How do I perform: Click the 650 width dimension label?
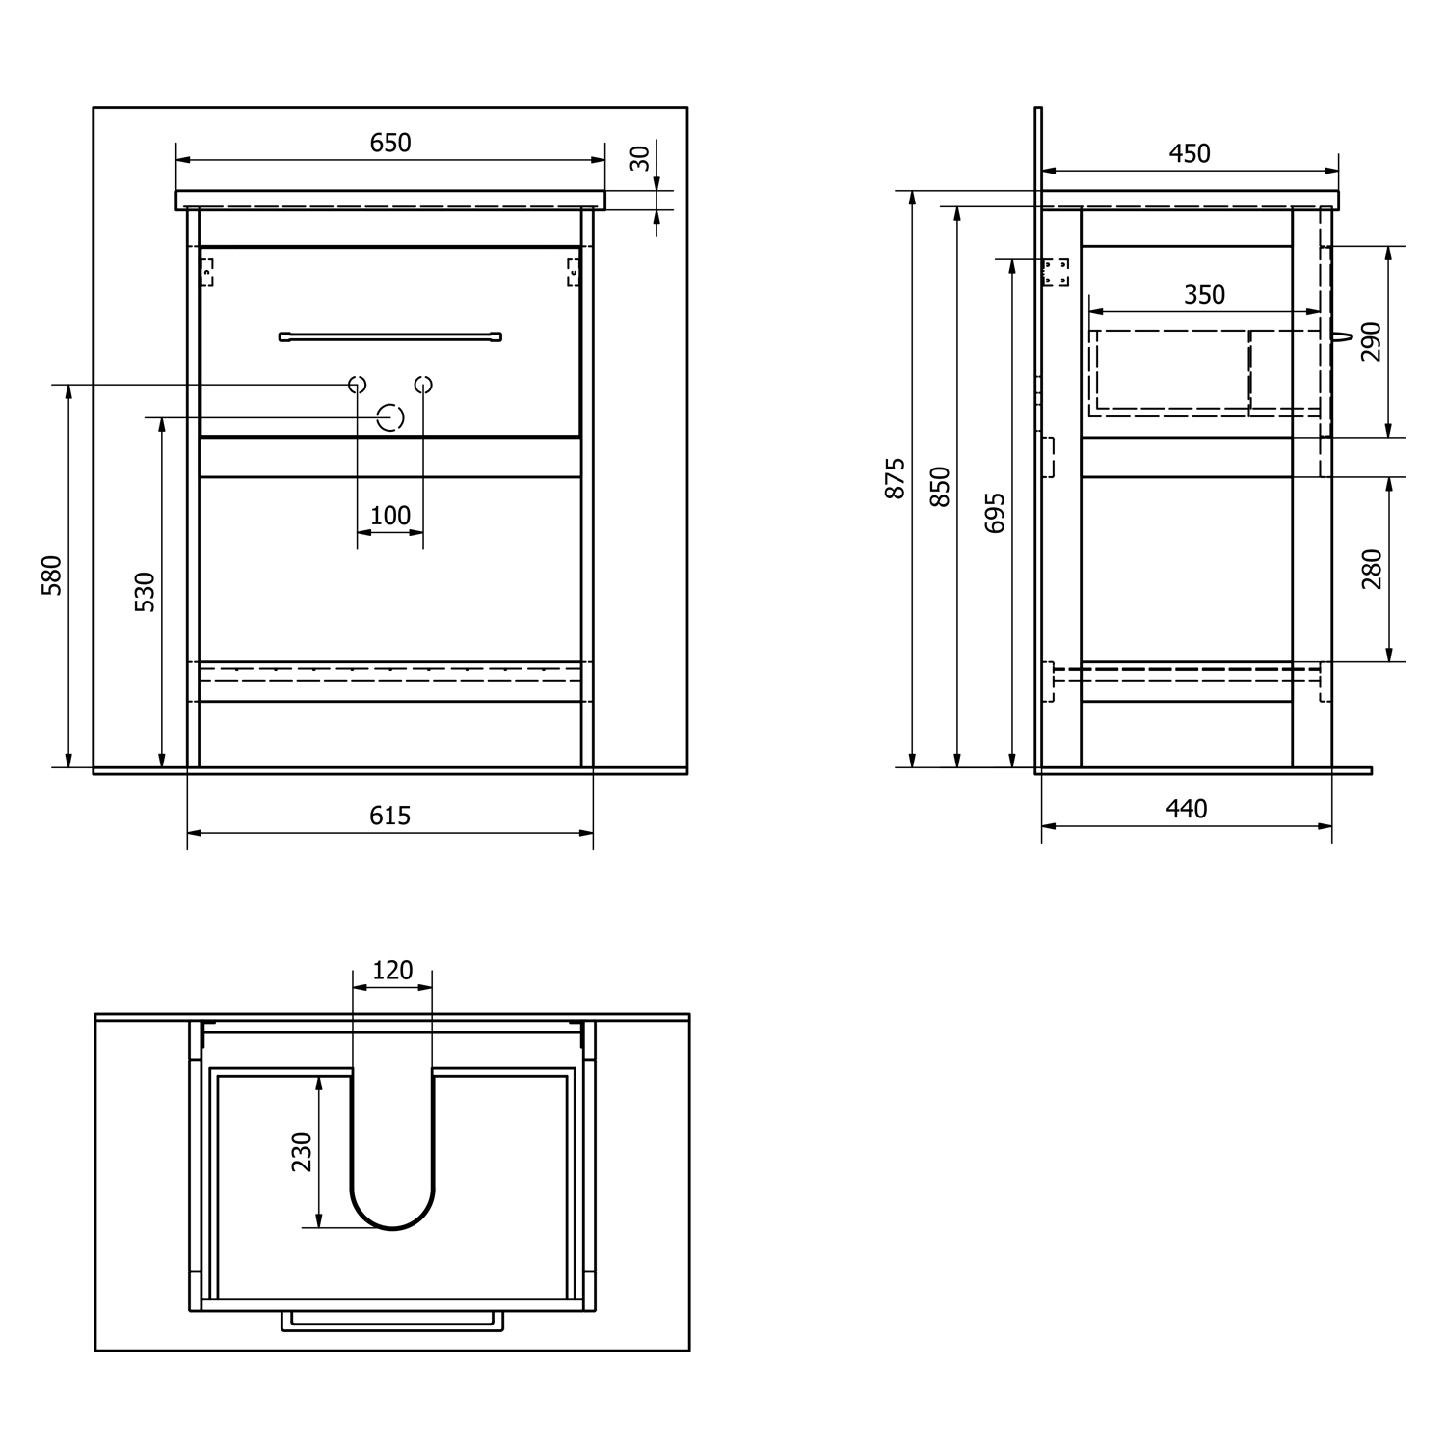click(x=390, y=143)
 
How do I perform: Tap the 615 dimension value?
click(x=390, y=816)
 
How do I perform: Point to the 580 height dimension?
click(x=52, y=576)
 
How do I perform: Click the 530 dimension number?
click(x=145, y=592)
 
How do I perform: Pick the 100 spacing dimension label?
click(x=390, y=516)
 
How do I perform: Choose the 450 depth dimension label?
click(x=1190, y=153)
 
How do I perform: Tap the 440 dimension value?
click(x=1187, y=809)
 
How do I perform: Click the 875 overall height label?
click(x=896, y=478)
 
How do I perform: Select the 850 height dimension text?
click(x=941, y=487)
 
